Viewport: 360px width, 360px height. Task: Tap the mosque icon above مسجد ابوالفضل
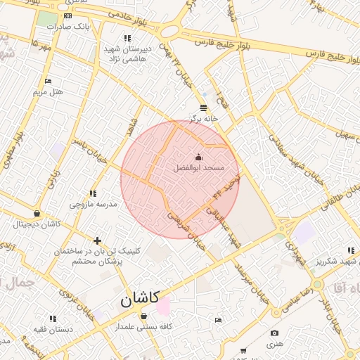(198, 157)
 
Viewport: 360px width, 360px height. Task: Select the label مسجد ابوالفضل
(198, 168)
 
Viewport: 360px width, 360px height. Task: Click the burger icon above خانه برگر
(203, 108)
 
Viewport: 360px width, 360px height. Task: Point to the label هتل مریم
(48, 92)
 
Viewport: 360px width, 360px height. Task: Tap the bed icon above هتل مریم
(48, 82)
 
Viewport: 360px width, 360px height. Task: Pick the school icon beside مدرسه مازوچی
(93, 193)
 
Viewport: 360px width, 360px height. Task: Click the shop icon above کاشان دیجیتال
(37, 214)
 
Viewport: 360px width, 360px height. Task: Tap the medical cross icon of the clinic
(97, 240)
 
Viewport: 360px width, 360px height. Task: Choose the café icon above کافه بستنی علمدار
(143, 316)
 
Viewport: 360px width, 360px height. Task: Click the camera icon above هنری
(274, 333)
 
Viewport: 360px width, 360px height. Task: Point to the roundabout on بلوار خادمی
(169, 31)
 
